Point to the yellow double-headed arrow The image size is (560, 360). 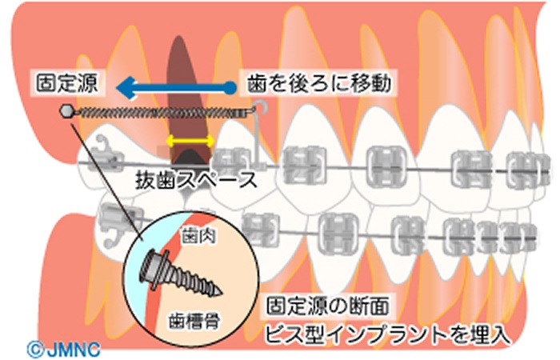coord(189,141)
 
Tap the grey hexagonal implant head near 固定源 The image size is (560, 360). coord(66,112)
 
